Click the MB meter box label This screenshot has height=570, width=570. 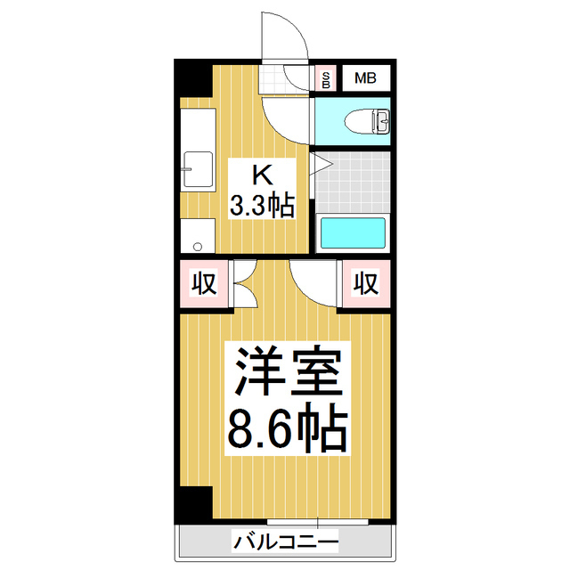(x=366, y=78)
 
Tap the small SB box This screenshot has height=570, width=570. (x=327, y=78)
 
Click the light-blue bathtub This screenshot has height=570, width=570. (x=353, y=233)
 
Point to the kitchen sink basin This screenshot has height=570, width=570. (x=197, y=169)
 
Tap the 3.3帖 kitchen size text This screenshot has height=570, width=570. (x=262, y=208)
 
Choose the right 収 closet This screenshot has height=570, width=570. (x=366, y=284)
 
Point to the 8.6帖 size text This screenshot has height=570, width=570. (x=287, y=430)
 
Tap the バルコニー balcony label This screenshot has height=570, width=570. (x=286, y=540)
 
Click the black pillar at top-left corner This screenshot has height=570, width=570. (x=191, y=80)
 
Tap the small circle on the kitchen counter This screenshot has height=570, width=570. (x=197, y=242)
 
